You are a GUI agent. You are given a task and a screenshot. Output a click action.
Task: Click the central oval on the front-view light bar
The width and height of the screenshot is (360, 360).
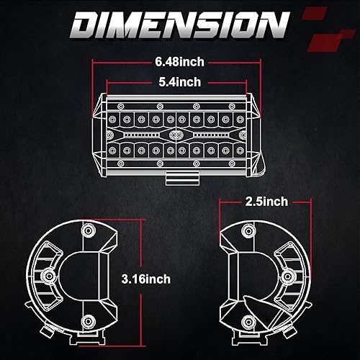click(x=175, y=135)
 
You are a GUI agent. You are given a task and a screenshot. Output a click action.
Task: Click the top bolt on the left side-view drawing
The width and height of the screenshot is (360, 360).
click(x=89, y=230)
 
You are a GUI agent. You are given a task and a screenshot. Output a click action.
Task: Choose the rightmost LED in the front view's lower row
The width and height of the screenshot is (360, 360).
click(x=240, y=150)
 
